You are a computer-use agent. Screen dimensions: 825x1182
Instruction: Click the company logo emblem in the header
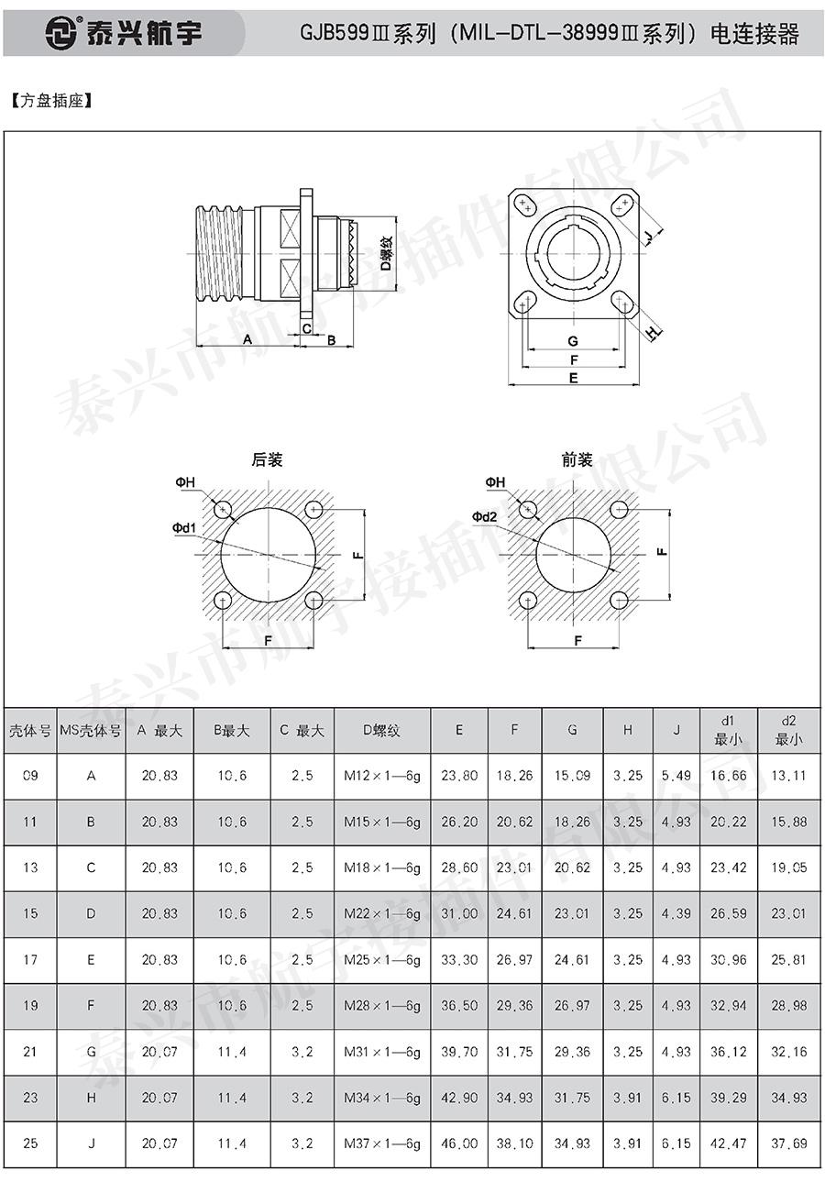tap(60, 33)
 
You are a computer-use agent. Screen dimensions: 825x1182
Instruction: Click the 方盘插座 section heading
tap(51, 101)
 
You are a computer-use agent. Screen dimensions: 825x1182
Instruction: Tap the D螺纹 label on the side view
tap(387, 253)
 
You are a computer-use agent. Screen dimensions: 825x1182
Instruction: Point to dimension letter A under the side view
tap(247, 339)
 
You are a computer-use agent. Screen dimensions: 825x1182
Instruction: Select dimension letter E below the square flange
tap(574, 378)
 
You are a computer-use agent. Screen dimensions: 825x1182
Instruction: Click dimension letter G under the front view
tap(573, 341)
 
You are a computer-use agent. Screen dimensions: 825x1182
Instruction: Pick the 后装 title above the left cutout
tap(267, 459)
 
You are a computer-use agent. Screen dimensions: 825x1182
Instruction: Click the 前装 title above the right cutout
tap(577, 459)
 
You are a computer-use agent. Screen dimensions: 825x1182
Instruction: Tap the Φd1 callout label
tap(184, 527)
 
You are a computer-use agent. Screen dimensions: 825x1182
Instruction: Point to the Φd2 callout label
tap(484, 516)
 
